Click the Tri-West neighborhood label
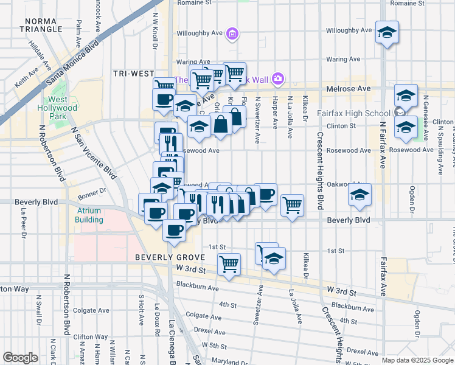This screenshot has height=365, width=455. (134, 74)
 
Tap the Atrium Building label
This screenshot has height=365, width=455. (89, 215)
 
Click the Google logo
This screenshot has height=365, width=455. (20, 358)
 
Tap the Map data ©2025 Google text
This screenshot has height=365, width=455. (417, 360)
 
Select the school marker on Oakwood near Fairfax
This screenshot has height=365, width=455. (359, 195)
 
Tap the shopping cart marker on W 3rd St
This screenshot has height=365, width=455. (229, 263)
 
